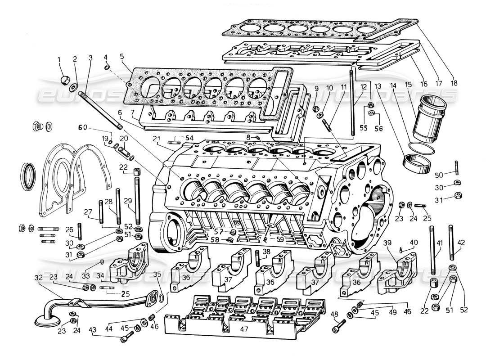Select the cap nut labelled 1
(x=64, y=80)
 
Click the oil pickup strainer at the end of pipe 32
(x=47, y=321)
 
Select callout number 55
(x=364, y=128)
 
